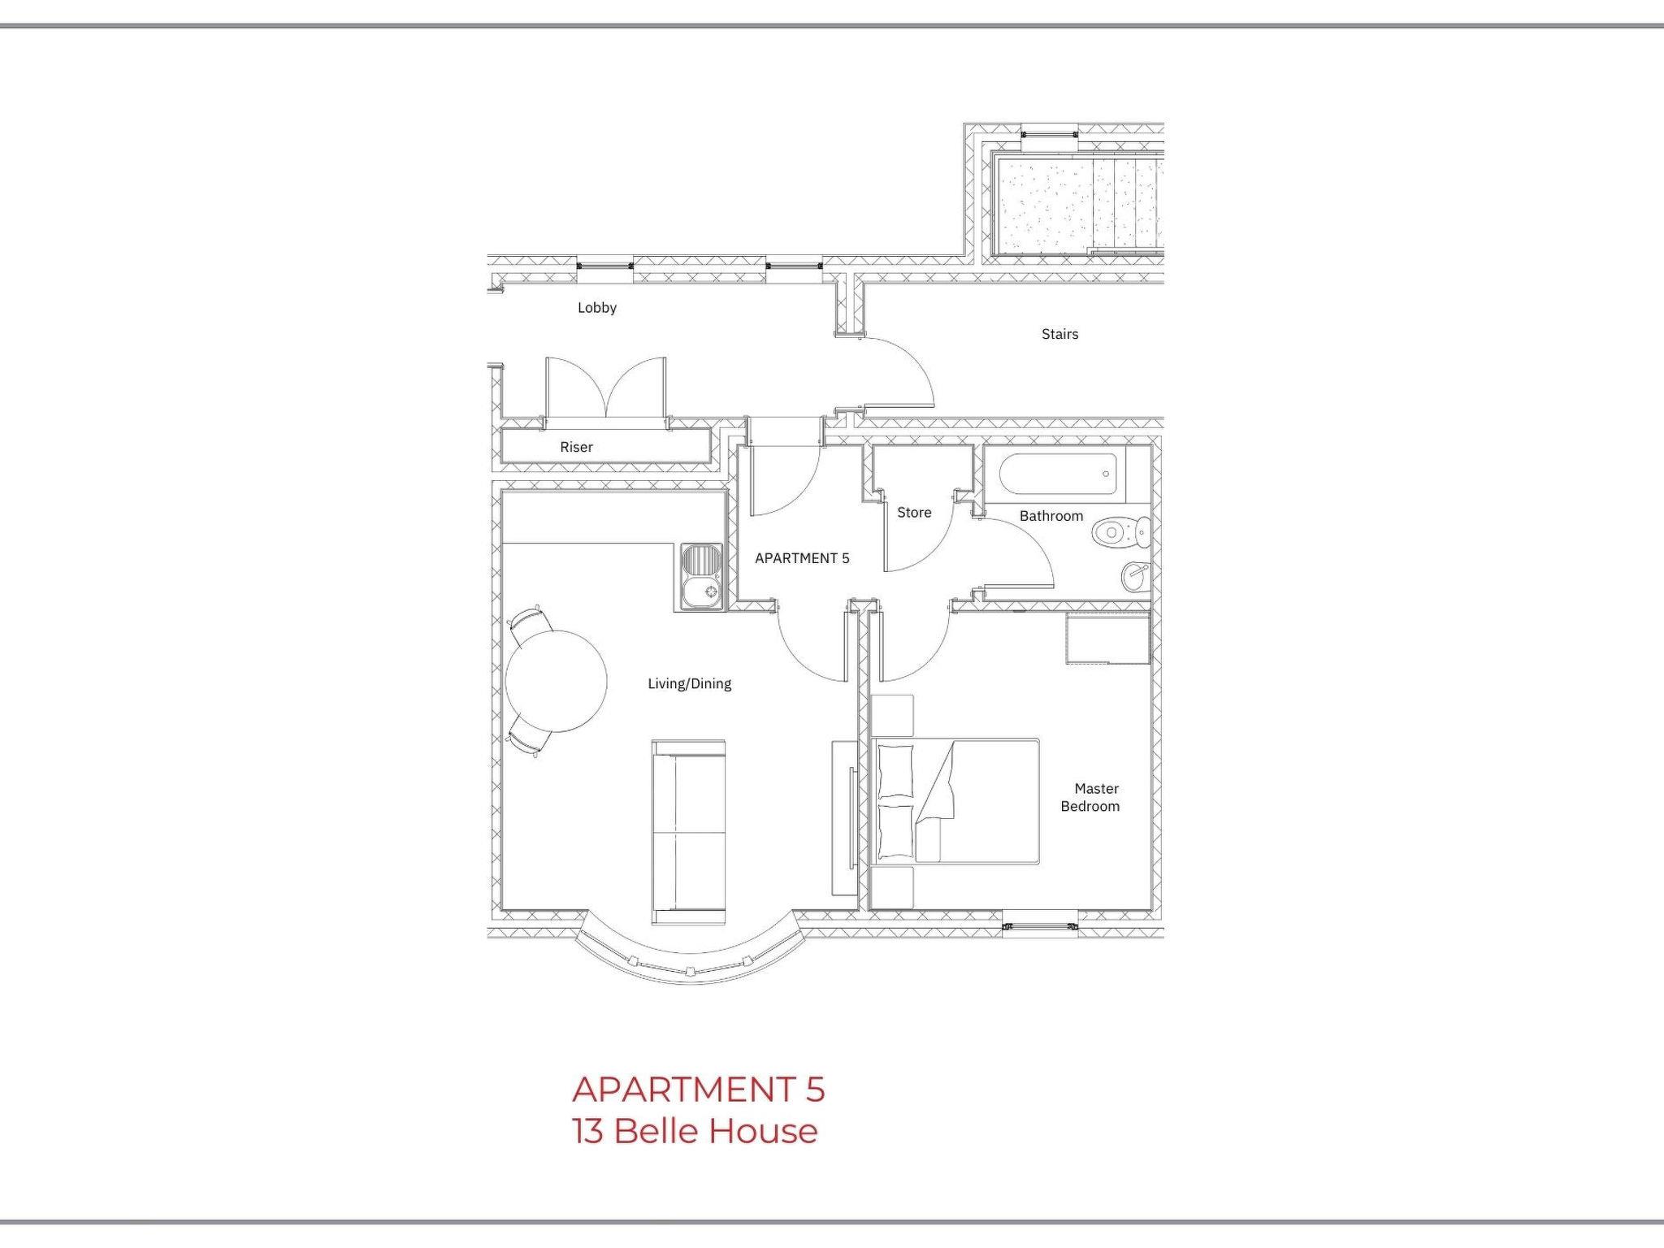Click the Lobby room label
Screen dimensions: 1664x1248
click(597, 308)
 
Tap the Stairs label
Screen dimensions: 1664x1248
click(1059, 334)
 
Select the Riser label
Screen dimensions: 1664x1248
click(576, 447)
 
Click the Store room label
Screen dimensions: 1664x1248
click(914, 513)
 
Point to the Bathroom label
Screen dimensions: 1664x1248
click(1051, 516)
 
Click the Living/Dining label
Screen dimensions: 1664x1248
click(689, 684)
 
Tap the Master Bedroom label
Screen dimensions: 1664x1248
click(1090, 797)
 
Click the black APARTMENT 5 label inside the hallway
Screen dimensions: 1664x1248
click(802, 558)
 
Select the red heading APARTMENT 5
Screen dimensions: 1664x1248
click(699, 1090)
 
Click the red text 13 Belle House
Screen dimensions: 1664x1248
click(695, 1131)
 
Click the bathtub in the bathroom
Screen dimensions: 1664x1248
click(1058, 474)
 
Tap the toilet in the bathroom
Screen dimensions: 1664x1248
click(1121, 534)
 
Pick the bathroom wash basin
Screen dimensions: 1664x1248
click(1135, 577)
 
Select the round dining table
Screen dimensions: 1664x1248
click(556, 681)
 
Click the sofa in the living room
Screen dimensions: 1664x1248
click(688, 832)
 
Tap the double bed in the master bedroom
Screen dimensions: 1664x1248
click(955, 800)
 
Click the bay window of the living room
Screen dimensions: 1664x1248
click(689, 955)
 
